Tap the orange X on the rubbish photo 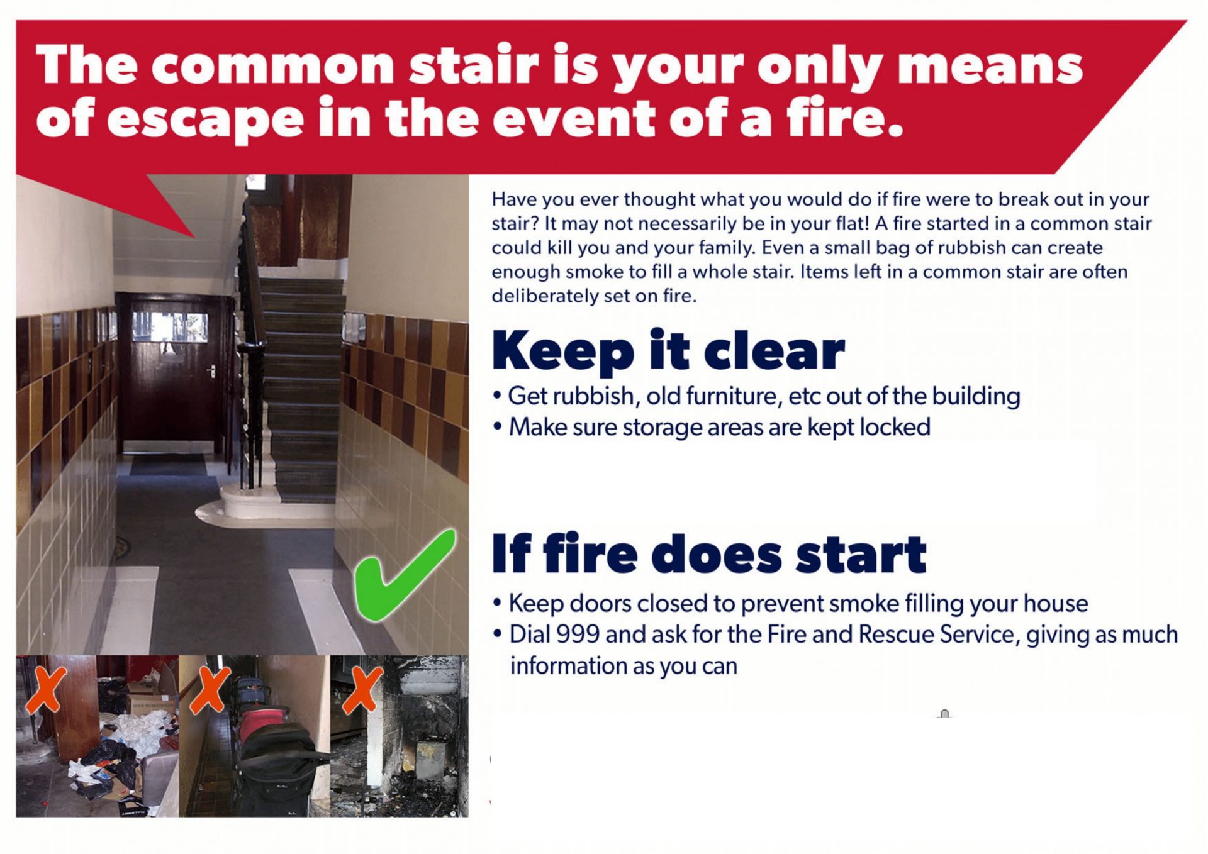click(46, 690)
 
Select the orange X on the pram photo click(210, 690)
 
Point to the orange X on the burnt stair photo click(362, 690)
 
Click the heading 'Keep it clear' click(668, 351)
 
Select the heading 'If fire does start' click(709, 553)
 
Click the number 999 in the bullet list click(578, 634)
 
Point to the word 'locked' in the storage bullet click(895, 427)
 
